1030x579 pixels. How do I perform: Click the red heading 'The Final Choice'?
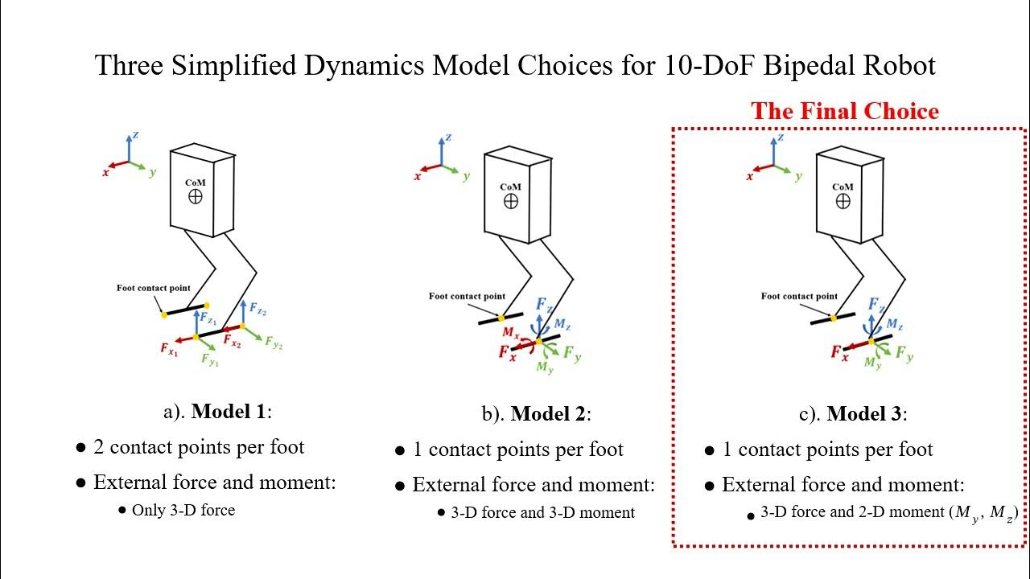click(x=845, y=111)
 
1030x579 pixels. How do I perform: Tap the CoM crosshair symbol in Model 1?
click(x=195, y=196)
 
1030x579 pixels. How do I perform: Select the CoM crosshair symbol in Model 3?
click(x=843, y=201)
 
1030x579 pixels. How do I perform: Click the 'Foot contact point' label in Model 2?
click(x=467, y=296)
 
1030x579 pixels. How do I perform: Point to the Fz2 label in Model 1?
click(x=258, y=309)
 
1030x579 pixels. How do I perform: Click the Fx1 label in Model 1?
click(x=169, y=350)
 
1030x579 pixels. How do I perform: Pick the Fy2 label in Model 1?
click(x=274, y=342)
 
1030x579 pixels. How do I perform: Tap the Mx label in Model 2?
click(x=510, y=331)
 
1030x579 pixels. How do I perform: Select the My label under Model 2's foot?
click(x=545, y=368)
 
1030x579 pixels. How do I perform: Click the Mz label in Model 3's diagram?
click(x=895, y=323)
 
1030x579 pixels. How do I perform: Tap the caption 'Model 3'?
click(x=865, y=414)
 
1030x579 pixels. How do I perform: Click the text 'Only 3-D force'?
click(x=183, y=510)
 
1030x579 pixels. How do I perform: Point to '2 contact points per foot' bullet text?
click(x=199, y=447)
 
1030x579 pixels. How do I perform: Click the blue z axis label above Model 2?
click(x=448, y=138)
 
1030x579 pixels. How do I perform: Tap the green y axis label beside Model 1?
click(x=152, y=173)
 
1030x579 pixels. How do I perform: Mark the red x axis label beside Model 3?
click(x=750, y=176)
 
